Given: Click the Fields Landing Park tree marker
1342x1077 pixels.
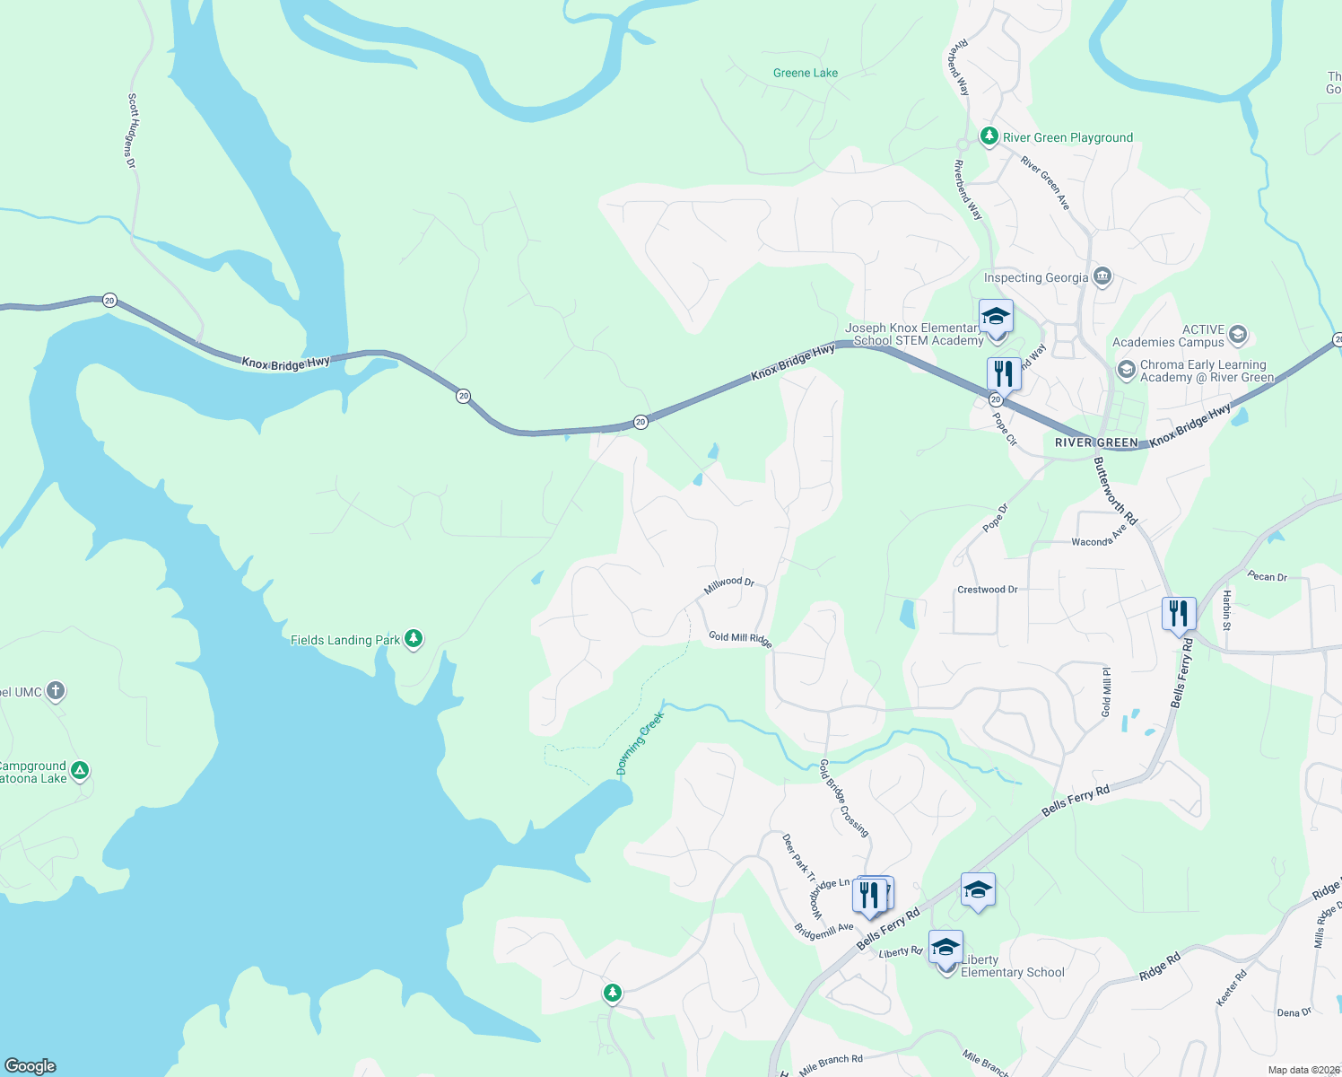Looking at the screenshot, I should pyautogui.click(x=413, y=638).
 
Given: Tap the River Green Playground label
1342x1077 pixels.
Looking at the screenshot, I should pyautogui.click(x=1067, y=137).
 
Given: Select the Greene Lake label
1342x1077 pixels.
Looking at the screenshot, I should pyautogui.click(x=805, y=73).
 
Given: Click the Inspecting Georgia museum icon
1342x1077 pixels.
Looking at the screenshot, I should pyautogui.click(x=1102, y=276).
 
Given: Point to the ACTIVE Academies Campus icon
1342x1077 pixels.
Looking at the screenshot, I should pyautogui.click(x=1237, y=335).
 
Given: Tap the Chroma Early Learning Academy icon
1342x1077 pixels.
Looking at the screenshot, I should pyautogui.click(x=1126, y=370).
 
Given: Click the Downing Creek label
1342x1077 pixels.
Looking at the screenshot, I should pyautogui.click(x=640, y=743).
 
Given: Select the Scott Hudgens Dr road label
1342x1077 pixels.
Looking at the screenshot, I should pyautogui.click(x=131, y=131).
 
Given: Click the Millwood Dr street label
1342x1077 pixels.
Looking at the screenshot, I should pyautogui.click(x=729, y=584).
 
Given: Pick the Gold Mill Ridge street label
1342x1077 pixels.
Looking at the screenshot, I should pyautogui.click(x=740, y=638).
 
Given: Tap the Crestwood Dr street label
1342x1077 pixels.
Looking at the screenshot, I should pyautogui.click(x=987, y=590).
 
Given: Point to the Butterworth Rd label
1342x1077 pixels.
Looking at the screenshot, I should pyautogui.click(x=1115, y=491).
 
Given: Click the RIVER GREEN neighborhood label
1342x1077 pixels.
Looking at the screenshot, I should pyautogui.click(x=1095, y=442).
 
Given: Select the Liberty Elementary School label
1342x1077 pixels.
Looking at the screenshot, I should pyautogui.click(x=1012, y=966).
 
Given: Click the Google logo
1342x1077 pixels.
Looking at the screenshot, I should pyautogui.click(x=30, y=1065).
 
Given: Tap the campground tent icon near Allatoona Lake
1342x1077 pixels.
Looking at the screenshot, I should pyautogui.click(x=80, y=771).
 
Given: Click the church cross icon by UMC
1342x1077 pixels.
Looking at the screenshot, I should pyautogui.click(x=56, y=691).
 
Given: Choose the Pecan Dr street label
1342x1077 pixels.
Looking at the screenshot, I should pyautogui.click(x=1267, y=576).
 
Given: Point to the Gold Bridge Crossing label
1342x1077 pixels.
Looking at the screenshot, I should pyautogui.click(x=843, y=798).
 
